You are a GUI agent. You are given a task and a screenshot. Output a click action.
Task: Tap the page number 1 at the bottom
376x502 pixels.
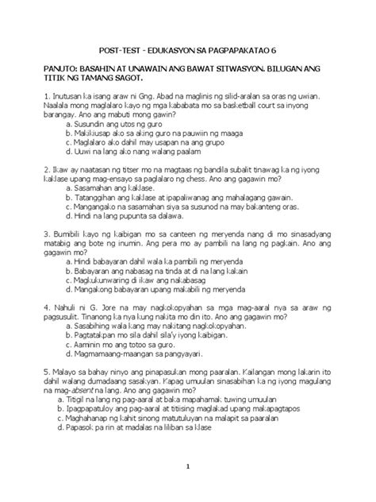[x=187, y=466]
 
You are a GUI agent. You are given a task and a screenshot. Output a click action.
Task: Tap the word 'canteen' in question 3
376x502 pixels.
[x=166, y=236]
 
